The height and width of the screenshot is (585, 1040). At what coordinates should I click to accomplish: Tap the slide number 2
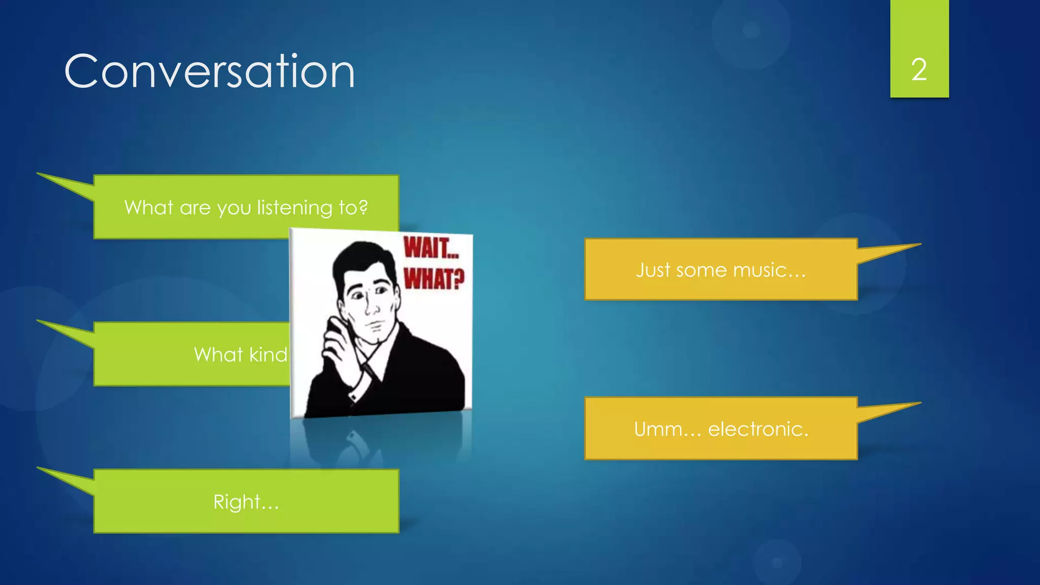coord(919,70)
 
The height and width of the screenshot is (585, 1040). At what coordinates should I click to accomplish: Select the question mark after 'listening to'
coord(363,207)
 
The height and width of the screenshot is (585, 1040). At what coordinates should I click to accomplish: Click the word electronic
coord(758,430)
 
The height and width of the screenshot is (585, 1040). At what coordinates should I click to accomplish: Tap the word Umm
coord(658,430)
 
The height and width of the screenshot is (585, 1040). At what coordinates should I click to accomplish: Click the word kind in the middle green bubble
coord(268,354)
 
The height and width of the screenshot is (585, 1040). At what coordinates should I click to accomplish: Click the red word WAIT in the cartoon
coord(431,248)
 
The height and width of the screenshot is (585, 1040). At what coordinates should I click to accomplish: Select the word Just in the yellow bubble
coord(653,270)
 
